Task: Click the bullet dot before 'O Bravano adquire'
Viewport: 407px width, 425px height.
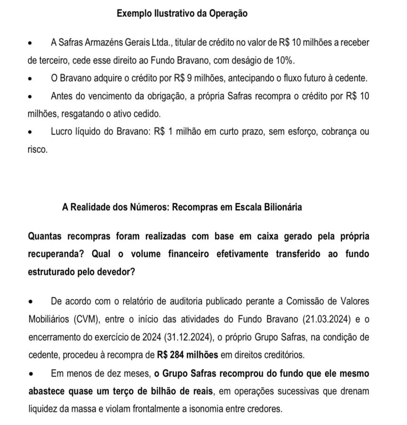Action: [x=30, y=79]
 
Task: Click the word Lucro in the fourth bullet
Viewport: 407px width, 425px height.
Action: [x=61, y=132]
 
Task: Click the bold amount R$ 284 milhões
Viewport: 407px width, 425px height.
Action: [x=187, y=354]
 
